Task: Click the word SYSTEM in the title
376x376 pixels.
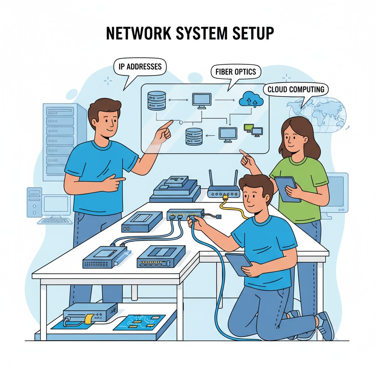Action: pos(191,33)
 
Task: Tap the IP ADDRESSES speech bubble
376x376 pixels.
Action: pos(140,67)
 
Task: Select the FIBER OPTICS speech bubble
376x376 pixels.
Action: pos(236,72)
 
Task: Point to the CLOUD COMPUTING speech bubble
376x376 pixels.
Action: pos(296,89)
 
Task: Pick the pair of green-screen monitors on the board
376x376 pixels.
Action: pos(253,130)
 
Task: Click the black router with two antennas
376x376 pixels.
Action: pos(224,189)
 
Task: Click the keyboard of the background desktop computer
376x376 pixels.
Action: pos(55,221)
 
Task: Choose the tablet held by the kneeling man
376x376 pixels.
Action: pos(239,263)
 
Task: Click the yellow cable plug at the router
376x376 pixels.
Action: pos(225,198)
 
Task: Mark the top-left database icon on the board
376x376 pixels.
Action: pos(156,101)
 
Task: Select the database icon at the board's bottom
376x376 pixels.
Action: pos(194,136)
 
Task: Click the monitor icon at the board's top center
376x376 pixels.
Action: pos(202,100)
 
